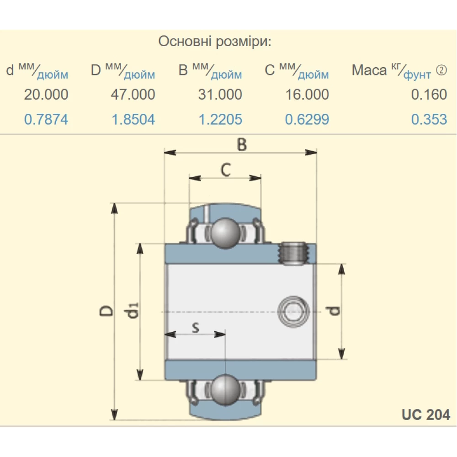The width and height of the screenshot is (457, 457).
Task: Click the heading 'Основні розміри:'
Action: coord(215,42)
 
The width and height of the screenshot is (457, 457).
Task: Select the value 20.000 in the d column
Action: coord(46,95)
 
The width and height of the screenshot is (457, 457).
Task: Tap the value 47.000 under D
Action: coord(133,95)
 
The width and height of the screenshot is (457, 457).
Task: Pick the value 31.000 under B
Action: coord(220,95)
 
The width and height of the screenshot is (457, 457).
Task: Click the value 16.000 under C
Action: coord(307,95)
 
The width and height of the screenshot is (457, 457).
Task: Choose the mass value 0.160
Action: coord(429,95)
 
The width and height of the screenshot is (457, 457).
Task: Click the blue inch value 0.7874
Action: coord(46,120)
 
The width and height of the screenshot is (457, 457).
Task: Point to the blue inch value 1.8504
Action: coord(133,120)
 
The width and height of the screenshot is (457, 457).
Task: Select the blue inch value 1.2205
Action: coord(220,120)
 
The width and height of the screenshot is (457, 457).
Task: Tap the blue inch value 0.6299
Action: coord(307,120)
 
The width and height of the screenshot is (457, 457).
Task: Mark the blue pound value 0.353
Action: coord(429,120)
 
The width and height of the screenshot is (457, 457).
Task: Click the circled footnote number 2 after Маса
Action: coord(441,70)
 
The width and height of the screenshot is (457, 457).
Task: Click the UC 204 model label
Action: coord(426,414)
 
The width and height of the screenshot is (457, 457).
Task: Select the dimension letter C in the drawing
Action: coord(225,170)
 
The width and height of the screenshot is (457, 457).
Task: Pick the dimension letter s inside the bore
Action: coord(195,327)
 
